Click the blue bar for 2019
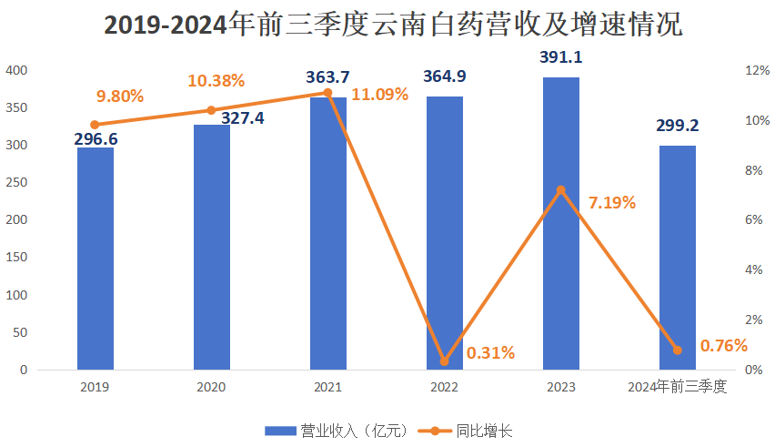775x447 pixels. [x=96, y=259]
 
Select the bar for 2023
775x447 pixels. [x=561, y=224]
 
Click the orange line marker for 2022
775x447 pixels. [x=445, y=361]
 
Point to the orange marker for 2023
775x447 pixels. [x=561, y=190]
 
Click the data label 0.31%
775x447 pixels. [x=490, y=352]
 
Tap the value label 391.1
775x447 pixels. [x=561, y=57]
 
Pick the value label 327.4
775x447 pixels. [x=241, y=118]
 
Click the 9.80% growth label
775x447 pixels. [x=121, y=95]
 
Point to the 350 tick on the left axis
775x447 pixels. [x=17, y=108]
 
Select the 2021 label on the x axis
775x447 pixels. [x=328, y=388]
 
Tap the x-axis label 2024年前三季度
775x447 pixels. [x=678, y=388]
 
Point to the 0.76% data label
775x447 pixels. [x=724, y=345]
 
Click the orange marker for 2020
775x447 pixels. [x=212, y=110]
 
